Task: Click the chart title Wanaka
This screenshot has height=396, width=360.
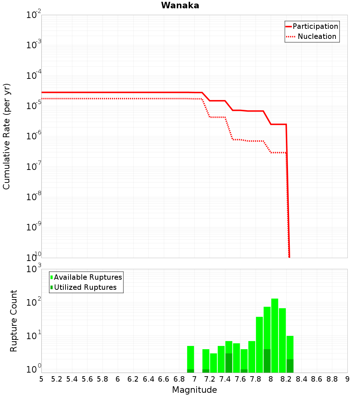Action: click(180, 5)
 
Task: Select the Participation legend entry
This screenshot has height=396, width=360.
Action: click(315, 26)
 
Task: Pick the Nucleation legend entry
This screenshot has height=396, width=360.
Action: click(317, 36)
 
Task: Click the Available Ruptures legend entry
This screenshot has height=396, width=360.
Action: click(88, 277)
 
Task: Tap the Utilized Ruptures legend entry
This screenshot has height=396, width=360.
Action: click(85, 287)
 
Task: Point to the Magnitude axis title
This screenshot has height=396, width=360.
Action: click(194, 390)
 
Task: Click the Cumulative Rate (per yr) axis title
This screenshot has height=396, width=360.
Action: click(6, 136)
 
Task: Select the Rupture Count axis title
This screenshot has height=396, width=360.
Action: click(14, 321)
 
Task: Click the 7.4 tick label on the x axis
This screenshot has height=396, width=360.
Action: click(225, 379)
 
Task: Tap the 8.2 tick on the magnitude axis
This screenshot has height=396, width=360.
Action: click(286, 379)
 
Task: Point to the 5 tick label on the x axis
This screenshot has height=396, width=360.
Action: click(41, 379)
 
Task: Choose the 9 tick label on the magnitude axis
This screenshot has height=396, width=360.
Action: click(347, 379)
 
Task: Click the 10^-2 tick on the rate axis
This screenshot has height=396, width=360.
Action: click(34, 15)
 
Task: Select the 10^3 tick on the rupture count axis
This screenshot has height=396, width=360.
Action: click(34, 269)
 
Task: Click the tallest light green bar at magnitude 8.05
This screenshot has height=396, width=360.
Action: click(275, 331)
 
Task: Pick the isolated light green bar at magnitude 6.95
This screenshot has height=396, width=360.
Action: click(190, 356)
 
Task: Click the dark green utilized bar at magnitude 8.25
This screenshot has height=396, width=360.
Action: click(290, 366)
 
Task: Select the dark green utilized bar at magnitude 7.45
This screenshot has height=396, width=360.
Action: click(229, 363)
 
